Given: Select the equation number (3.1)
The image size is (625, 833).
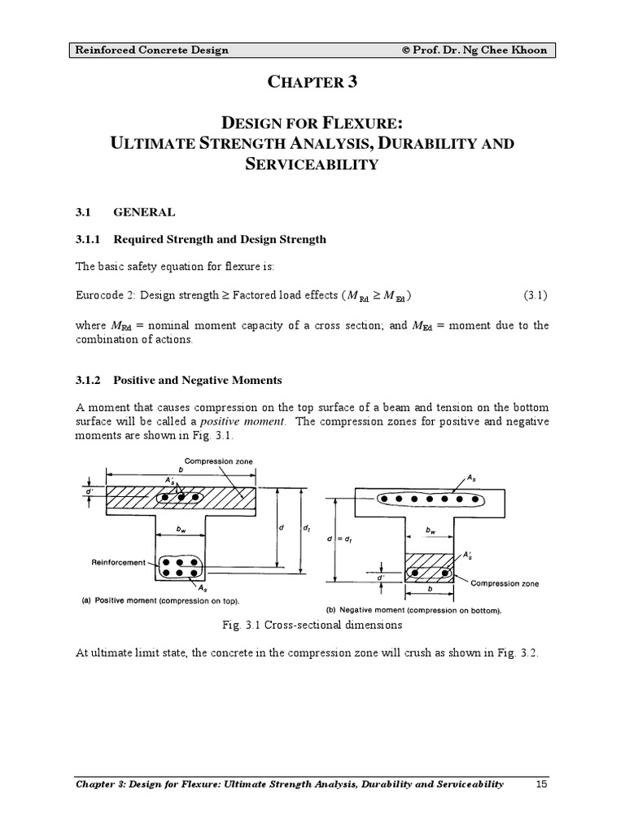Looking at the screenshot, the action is click(x=534, y=294).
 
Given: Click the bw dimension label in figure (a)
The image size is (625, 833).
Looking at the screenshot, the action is click(x=181, y=528).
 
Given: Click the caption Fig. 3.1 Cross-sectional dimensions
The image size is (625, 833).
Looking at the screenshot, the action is click(x=312, y=626).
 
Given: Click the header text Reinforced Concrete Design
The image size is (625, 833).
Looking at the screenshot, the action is click(x=152, y=50).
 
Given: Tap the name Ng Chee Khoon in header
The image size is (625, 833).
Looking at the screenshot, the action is click(x=508, y=50).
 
